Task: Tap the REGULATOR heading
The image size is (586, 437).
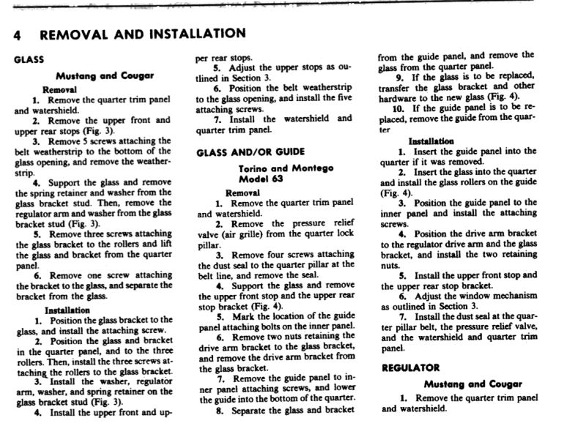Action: coord(410,368)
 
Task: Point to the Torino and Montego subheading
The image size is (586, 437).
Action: coord(275,168)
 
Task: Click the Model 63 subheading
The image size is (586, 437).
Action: coord(275,179)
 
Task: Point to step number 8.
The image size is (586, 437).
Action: coord(220,411)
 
